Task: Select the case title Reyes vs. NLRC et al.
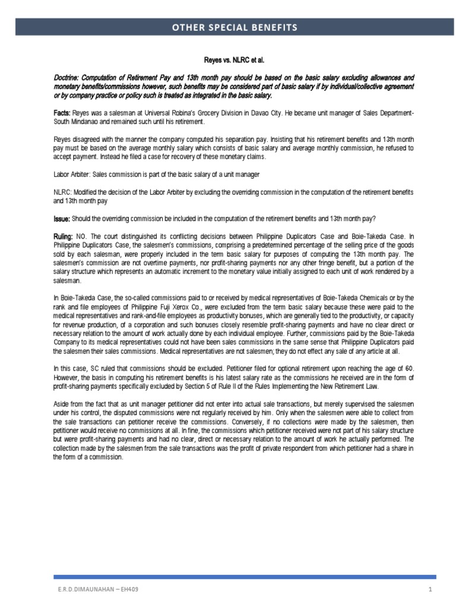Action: tap(227, 60)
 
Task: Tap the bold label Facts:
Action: tap(62, 113)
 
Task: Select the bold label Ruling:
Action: tap(64, 235)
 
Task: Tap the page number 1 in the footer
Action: tap(427, 590)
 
